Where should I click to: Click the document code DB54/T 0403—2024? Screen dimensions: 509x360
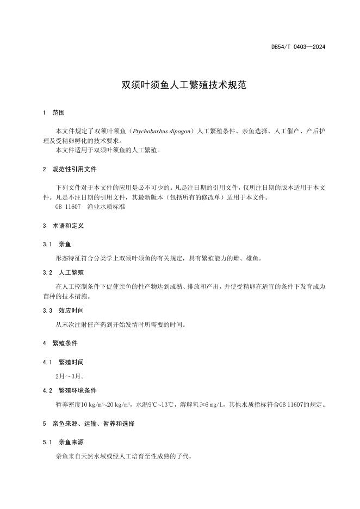298,47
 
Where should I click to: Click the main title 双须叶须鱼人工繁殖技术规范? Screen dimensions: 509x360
179,85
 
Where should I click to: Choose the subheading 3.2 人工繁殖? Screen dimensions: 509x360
66,272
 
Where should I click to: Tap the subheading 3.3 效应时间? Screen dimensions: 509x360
66,311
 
